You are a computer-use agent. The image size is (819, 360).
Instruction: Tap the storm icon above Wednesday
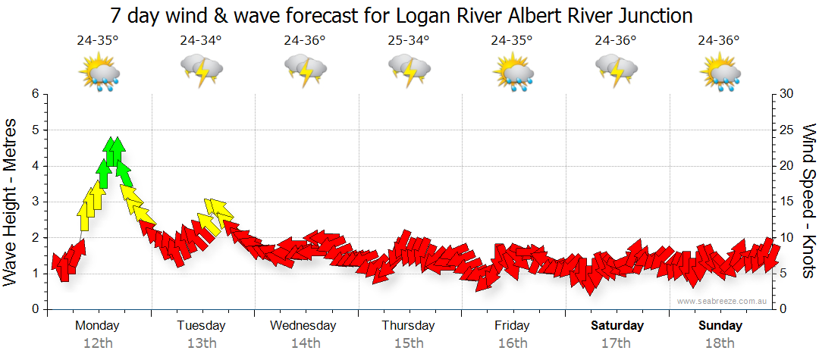(x=306, y=72)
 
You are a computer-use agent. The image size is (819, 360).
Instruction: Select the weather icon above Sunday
(x=720, y=74)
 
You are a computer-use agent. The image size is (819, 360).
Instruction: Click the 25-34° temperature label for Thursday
(x=409, y=41)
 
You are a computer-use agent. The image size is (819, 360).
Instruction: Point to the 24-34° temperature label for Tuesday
(x=201, y=41)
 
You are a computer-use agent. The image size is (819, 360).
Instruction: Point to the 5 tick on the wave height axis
(x=33, y=130)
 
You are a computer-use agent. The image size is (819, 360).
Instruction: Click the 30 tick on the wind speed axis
(x=787, y=94)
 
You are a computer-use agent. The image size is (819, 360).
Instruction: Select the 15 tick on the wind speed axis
(x=787, y=202)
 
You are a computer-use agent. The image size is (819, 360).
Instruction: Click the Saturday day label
(x=617, y=326)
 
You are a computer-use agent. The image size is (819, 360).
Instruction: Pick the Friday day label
(x=513, y=326)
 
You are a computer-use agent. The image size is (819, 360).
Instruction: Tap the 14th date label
(x=306, y=343)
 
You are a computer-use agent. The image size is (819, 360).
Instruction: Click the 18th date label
(x=720, y=343)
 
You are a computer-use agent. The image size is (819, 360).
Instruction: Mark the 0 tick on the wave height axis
(x=33, y=309)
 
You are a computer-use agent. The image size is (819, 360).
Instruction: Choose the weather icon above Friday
(x=513, y=74)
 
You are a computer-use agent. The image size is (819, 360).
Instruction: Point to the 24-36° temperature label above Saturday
(x=616, y=41)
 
